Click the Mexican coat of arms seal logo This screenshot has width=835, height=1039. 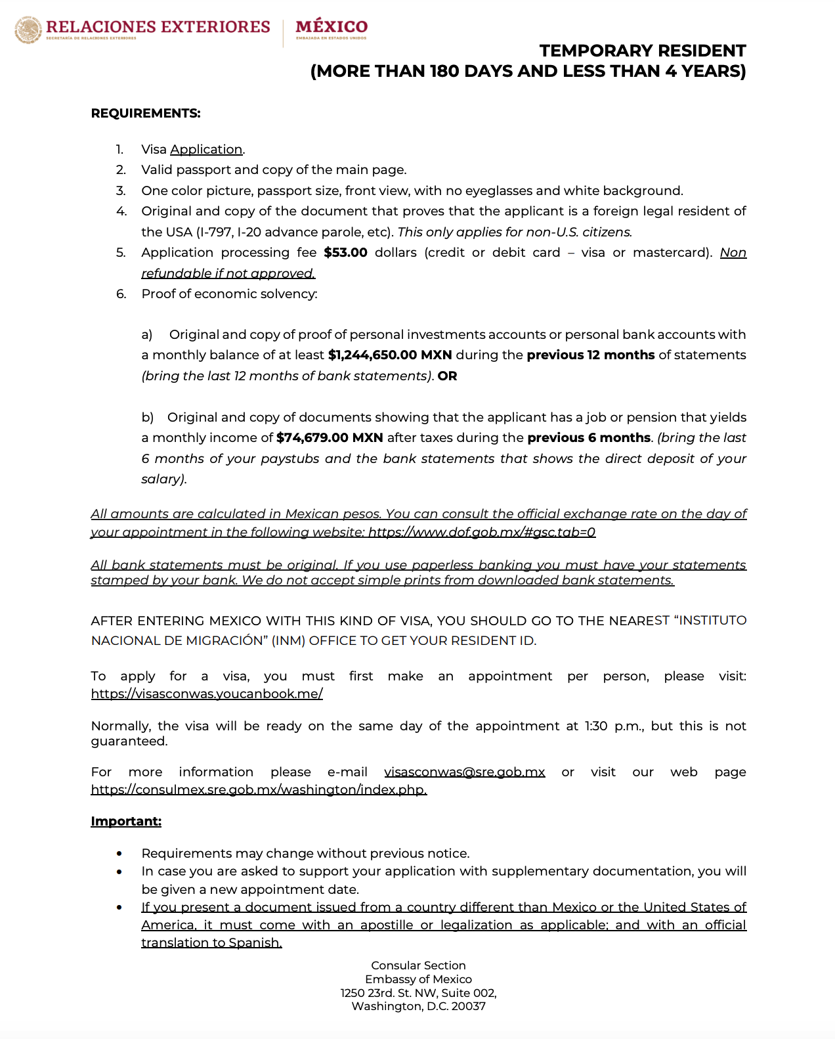[x=28, y=30]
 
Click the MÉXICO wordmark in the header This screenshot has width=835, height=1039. [x=332, y=26]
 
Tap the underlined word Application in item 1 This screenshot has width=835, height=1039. [x=206, y=149]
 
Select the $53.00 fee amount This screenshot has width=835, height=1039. [x=345, y=253]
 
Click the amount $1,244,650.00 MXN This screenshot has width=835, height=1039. [x=390, y=355]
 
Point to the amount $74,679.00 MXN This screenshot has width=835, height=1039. [x=330, y=438]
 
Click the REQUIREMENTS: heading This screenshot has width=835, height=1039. [x=146, y=113]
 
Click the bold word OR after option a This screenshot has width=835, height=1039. [x=447, y=376]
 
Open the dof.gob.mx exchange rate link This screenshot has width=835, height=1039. [x=482, y=532]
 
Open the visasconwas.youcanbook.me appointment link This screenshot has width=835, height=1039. [x=207, y=694]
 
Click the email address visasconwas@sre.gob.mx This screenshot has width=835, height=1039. [x=464, y=772]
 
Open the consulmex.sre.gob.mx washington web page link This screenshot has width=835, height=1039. [x=259, y=789]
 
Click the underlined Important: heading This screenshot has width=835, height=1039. [x=126, y=821]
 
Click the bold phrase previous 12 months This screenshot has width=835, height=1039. [x=591, y=355]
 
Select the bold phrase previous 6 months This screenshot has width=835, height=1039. [x=589, y=438]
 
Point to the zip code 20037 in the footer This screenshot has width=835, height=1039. [x=469, y=1006]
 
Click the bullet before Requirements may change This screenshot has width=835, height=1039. [x=119, y=854]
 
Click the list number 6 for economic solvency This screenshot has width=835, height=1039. [x=121, y=294]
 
